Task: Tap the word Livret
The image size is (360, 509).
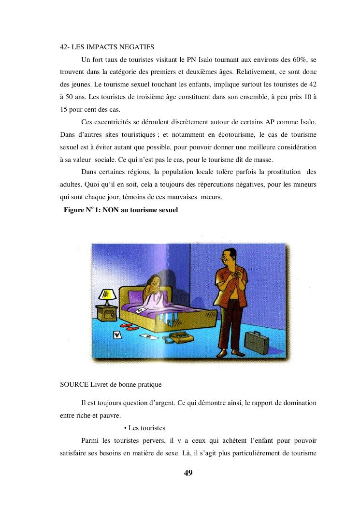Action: click(x=100, y=385)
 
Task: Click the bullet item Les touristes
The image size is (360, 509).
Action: click(x=147, y=428)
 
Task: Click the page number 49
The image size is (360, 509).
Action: click(x=188, y=473)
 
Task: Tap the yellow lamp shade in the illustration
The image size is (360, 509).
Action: click(x=107, y=294)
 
